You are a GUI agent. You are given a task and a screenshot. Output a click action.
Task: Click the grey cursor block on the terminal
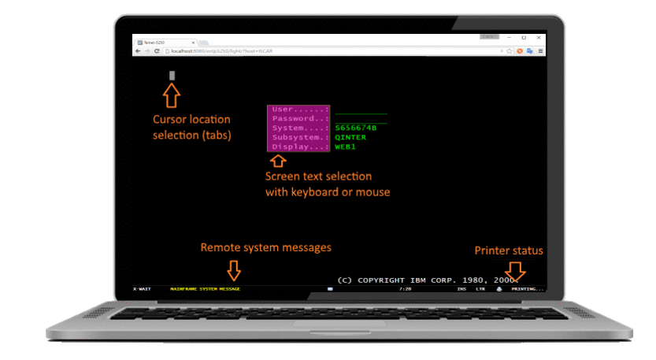(x=172, y=76)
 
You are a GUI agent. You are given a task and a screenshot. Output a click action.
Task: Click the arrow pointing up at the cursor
(x=172, y=96)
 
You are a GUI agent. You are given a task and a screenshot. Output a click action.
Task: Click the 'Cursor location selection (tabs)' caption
(x=191, y=127)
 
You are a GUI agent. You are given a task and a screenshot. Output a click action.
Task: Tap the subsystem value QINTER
(x=350, y=137)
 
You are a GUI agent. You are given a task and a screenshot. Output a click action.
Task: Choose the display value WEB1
(x=345, y=147)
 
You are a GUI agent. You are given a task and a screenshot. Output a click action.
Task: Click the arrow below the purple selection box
(x=277, y=161)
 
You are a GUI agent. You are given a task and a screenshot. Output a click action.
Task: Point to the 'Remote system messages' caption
(x=265, y=247)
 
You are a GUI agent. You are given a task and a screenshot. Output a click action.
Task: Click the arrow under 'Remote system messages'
(x=233, y=270)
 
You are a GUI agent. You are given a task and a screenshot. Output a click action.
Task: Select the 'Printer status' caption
(x=508, y=251)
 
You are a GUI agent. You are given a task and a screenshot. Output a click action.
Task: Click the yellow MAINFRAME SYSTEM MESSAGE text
(x=205, y=289)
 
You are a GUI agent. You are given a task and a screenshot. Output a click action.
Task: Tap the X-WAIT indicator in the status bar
(x=142, y=289)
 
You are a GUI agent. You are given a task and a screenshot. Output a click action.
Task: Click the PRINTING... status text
(x=527, y=289)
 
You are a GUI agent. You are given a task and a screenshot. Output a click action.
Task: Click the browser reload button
(x=157, y=50)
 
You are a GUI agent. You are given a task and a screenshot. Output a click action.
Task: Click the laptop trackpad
(x=328, y=325)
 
